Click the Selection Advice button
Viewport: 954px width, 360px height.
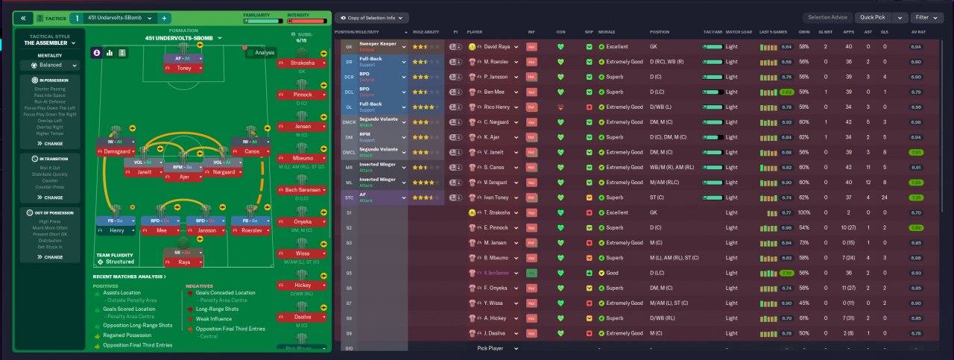coord(828,17)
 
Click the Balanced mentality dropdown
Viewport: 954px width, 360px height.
coord(51,65)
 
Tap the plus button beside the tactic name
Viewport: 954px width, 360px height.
coord(164,17)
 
